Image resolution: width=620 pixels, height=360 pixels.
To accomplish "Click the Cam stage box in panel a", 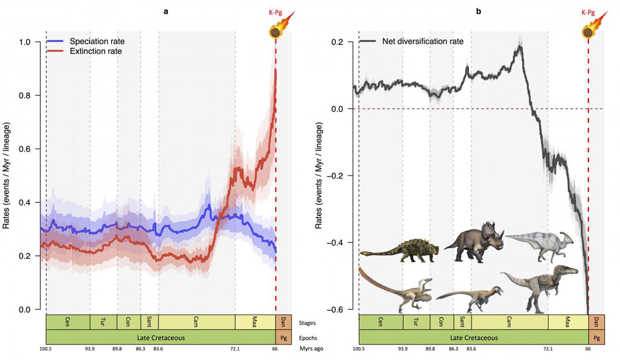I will tap(197, 322).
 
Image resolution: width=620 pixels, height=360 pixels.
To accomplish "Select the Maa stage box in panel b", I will tap(568, 322).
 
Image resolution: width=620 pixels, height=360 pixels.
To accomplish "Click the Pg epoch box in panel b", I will tap(596, 338).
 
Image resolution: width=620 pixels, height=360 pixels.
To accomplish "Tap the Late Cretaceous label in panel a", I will tap(160, 338).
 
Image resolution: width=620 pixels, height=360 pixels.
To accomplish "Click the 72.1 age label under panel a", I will tap(235, 349).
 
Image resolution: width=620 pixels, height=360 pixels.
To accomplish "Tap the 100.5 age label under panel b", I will tap(359, 349).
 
